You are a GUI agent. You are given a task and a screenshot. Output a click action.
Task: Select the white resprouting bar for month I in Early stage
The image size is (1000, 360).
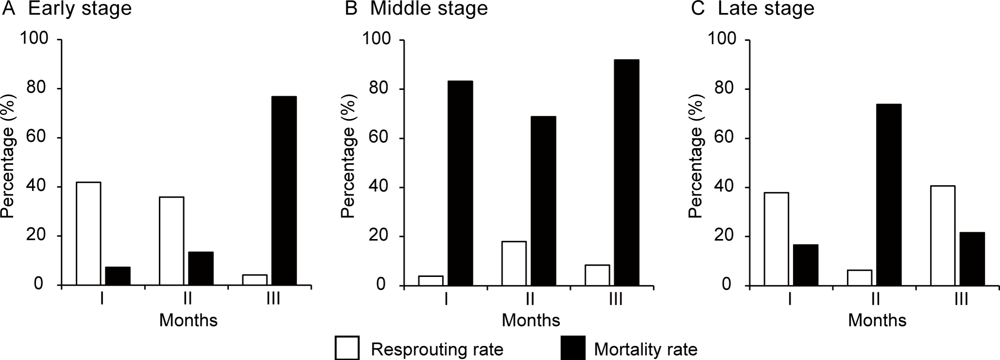pyautogui.click(x=88, y=233)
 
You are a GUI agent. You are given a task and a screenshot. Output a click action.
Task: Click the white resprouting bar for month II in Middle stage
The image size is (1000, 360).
pyautogui.click(x=514, y=263)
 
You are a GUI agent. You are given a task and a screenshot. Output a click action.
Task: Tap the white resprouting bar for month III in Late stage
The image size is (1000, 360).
pyautogui.click(x=943, y=236)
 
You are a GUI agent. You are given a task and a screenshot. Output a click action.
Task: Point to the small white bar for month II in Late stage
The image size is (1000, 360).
pyautogui.click(x=859, y=278)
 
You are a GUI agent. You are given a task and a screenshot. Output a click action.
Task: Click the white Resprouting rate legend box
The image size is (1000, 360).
pyautogui.click(x=347, y=348)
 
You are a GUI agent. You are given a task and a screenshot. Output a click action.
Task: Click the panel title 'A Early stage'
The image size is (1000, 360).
pyautogui.click(x=67, y=9)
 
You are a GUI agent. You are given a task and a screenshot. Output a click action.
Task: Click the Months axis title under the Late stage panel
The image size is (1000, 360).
pyautogui.click(x=877, y=320)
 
